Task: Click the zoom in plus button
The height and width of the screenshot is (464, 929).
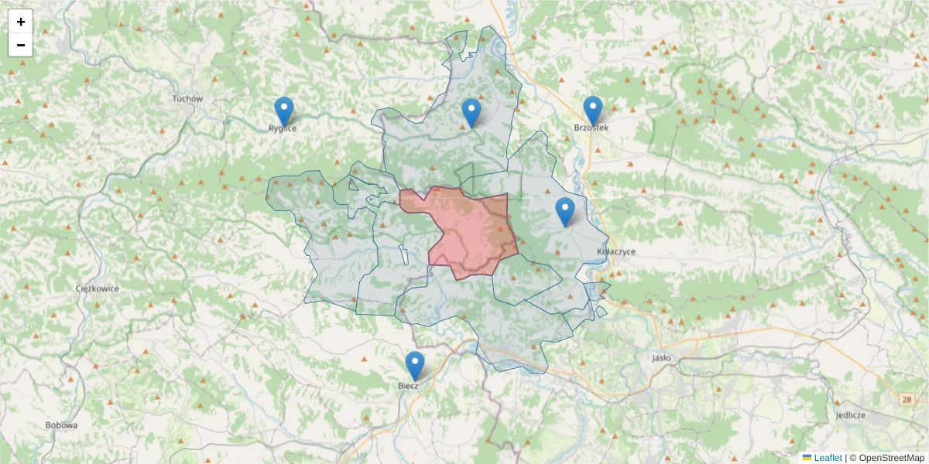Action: point(21,22)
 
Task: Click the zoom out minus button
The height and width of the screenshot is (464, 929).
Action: point(21,45)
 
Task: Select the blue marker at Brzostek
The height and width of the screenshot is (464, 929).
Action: point(593,111)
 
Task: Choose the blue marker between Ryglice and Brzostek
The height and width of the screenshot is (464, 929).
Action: point(471,113)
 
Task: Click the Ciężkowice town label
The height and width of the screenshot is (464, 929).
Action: point(98,288)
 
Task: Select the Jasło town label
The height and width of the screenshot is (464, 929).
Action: point(661,358)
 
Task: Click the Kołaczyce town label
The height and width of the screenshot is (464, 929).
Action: point(616,252)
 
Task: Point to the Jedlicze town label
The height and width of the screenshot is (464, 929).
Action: point(850,415)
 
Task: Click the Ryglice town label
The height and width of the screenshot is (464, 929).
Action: point(283,128)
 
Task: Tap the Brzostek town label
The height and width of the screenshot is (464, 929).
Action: point(591,127)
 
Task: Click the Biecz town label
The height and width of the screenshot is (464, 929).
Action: point(408,385)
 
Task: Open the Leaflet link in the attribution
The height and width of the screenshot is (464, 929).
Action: point(827,458)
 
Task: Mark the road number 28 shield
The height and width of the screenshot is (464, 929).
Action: point(906,399)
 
